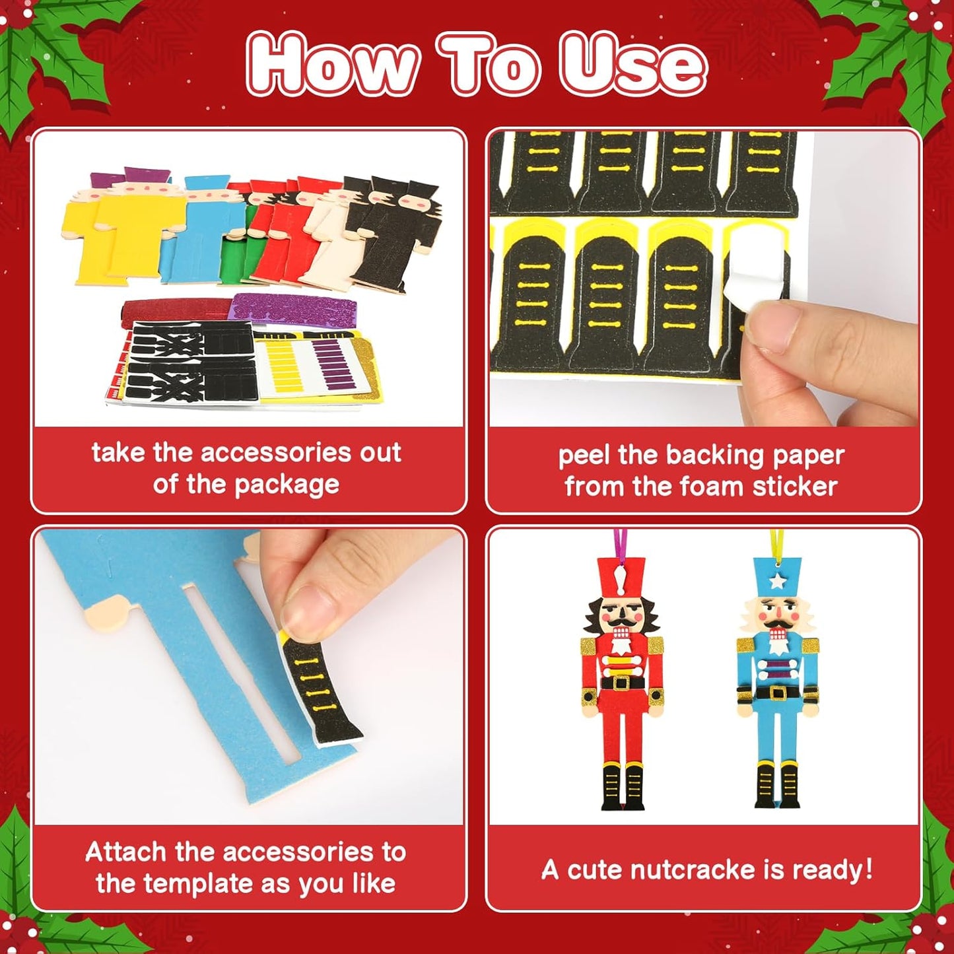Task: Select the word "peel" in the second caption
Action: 585,456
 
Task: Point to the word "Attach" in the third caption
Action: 125,852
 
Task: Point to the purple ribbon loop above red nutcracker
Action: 620,543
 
